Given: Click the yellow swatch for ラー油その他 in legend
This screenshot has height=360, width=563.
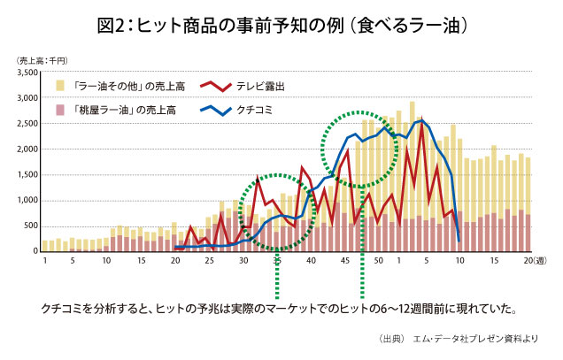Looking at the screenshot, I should click(x=61, y=86).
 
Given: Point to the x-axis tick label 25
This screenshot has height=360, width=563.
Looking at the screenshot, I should click(x=209, y=262).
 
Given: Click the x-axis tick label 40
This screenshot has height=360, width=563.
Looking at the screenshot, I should click(x=312, y=262).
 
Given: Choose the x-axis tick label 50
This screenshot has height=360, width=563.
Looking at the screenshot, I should click(x=378, y=262).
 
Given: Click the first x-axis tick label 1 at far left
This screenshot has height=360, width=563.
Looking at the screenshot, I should click(x=43, y=262).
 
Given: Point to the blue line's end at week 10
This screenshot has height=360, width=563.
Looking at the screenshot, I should click(x=459, y=240).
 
